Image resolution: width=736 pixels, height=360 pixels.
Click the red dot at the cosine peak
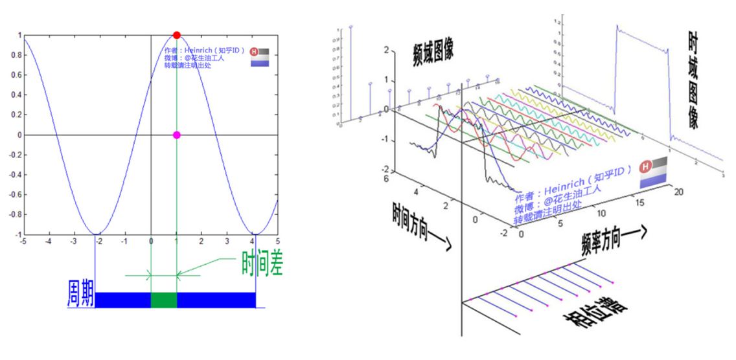point(176,35)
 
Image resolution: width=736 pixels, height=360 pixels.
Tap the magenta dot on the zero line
point(176,135)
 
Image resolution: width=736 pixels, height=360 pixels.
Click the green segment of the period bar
point(163,300)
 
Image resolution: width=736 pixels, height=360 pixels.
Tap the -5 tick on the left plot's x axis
point(23,240)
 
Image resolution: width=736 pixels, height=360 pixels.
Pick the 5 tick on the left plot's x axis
point(277,240)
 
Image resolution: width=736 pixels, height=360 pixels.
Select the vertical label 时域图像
point(693,81)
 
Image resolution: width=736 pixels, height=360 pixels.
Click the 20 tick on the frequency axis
point(678,192)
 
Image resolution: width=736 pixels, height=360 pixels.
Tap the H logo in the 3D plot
point(645,168)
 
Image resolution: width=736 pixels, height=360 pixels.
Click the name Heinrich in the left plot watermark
point(200,51)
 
